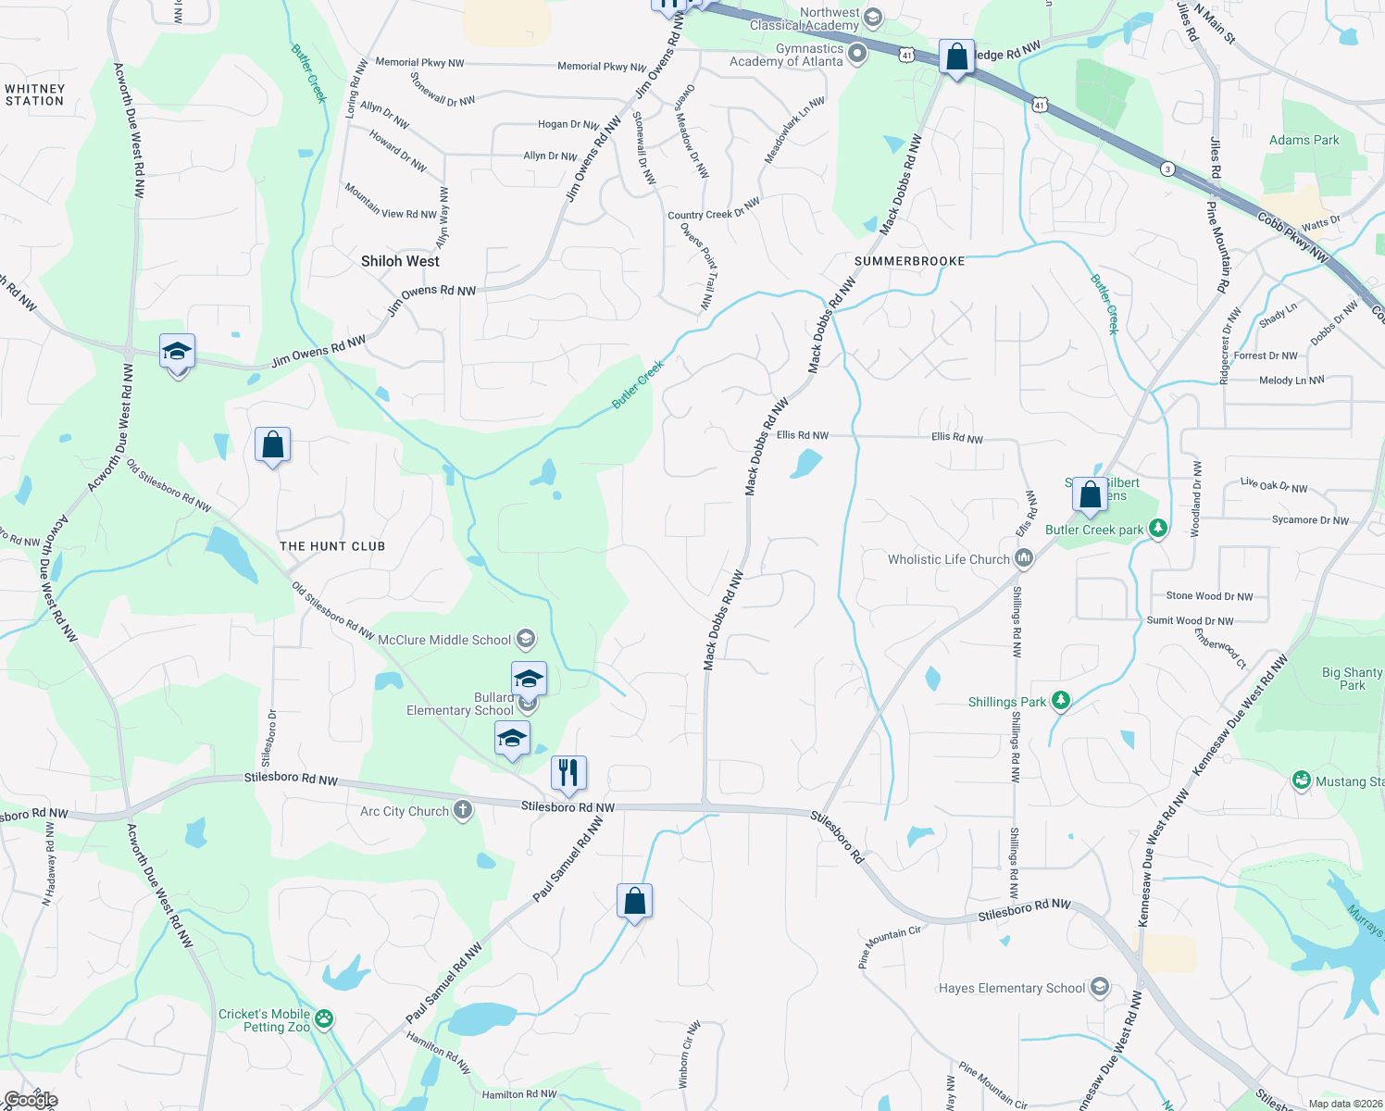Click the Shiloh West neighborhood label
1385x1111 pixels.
pos(400,261)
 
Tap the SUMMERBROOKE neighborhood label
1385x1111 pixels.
pos(909,261)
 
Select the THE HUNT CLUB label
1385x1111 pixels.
pos(332,546)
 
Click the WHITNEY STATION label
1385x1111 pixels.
pos(35,95)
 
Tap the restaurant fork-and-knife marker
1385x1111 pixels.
pos(568,772)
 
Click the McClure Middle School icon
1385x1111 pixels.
pos(526,639)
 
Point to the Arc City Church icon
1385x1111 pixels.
pos(463,811)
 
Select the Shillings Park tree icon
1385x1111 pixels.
pos(1061,701)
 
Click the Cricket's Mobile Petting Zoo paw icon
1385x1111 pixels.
pos(323,1019)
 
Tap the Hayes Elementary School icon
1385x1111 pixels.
pos(1099,987)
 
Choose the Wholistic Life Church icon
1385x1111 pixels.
pos(1023,558)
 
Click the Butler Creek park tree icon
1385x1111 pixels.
pos(1157,529)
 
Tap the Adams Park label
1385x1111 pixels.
pos(1304,141)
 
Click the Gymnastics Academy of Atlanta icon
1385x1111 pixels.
pos(857,54)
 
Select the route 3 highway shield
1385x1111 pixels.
pos(1168,169)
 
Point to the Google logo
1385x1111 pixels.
pos(31,1099)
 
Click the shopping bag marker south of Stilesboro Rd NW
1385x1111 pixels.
pos(635,901)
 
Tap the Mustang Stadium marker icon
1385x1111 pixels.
pos(1302,780)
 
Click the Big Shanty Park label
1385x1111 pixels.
pos(1352,679)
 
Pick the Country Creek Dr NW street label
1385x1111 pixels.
pos(714,209)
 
